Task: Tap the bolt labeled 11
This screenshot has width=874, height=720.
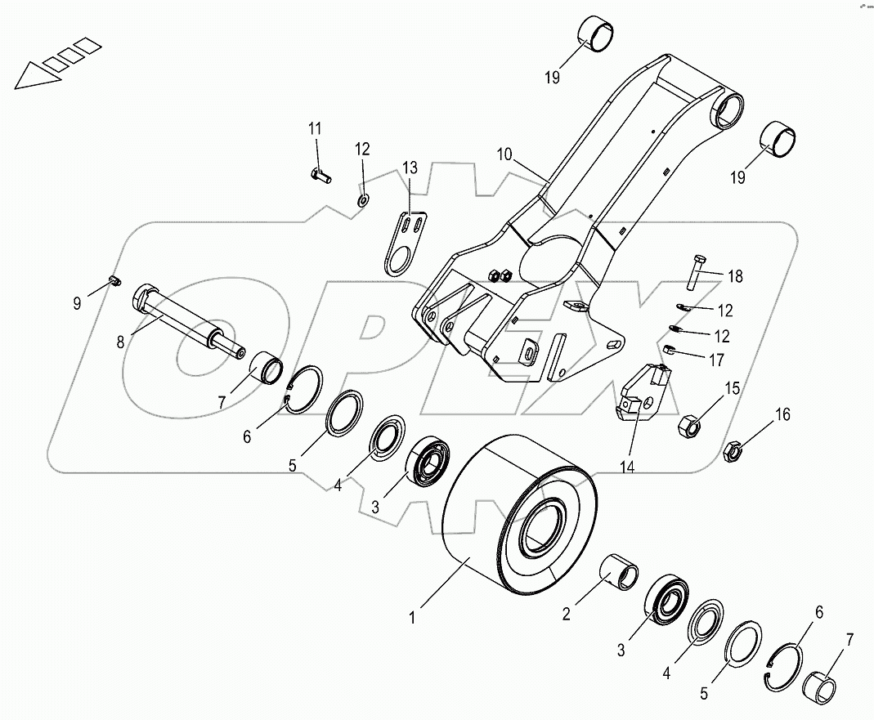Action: tap(320, 174)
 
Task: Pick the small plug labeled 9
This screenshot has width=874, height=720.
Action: tap(115, 282)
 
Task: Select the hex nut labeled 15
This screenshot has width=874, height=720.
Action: tap(689, 423)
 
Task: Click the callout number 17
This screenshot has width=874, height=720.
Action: tap(717, 359)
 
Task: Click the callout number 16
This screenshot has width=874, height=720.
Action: tap(782, 415)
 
